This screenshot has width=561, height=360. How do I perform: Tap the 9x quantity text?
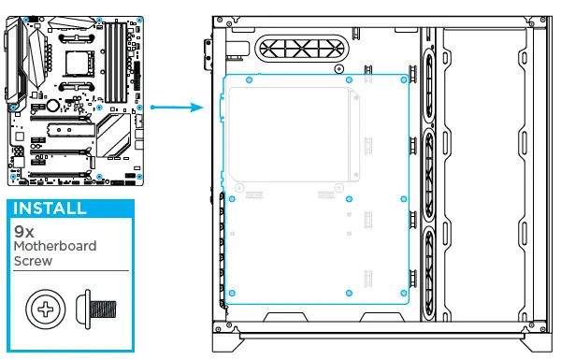pos(24,229)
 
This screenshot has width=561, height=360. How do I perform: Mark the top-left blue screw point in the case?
pos(247,81)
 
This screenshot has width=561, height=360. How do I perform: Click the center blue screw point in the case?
pos(348,199)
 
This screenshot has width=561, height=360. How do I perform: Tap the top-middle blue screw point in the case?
pos(348,81)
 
